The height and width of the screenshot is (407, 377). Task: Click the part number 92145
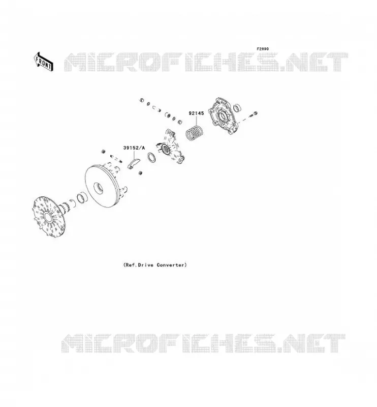coord(196,113)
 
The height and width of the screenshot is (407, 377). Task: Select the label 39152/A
coord(134,148)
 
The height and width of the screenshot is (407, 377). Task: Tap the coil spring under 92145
coord(195,133)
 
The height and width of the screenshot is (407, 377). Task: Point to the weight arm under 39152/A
coord(134,164)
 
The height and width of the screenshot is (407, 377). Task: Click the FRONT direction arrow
coord(44,62)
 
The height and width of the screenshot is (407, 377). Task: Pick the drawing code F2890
coord(263,49)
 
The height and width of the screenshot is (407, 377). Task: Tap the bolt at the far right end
coord(254,114)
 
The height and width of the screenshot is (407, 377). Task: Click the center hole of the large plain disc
coord(98,188)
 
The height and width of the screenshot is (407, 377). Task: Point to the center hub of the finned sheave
coord(47,217)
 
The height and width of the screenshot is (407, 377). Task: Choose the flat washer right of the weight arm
coord(151,158)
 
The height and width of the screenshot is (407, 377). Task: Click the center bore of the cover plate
coord(223,116)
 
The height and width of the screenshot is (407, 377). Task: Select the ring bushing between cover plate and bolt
coord(237,107)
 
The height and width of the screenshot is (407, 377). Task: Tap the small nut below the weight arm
coord(141,173)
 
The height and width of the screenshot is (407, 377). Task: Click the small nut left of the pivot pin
coord(103,151)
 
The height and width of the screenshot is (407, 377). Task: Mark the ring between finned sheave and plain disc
coord(82,198)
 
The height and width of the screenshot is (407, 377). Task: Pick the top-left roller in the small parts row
coord(142,100)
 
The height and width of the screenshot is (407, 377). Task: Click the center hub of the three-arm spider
coord(165,149)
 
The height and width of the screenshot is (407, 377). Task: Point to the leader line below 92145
coord(196,121)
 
